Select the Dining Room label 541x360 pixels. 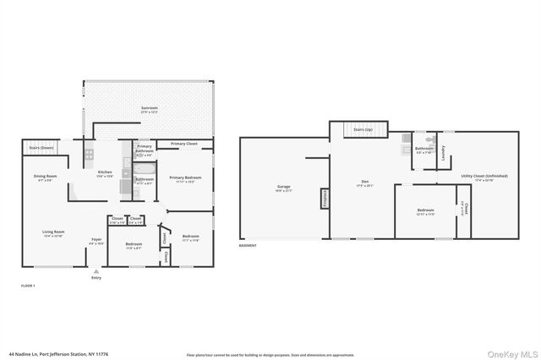coord(44,177)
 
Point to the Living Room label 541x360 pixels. coord(54,233)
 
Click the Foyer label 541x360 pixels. coord(97,241)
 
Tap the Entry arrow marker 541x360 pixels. coord(95,271)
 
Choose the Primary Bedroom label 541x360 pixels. coord(183,178)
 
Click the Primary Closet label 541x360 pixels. coord(183,144)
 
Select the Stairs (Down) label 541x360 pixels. coord(41,147)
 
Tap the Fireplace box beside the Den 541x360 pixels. coord(324,198)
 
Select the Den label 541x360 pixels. coord(364,181)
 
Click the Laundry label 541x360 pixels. coord(443,151)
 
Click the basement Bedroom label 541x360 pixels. coord(425,211)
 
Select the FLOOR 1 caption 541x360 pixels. coord(29,286)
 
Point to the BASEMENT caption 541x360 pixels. coord(248,246)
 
